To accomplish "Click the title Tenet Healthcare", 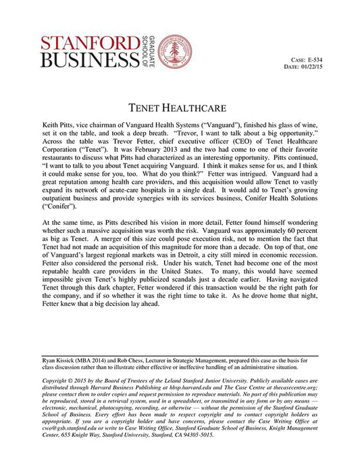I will (180, 107).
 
